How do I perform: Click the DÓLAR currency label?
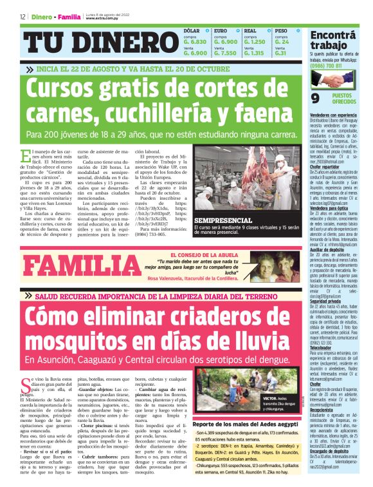pos(192,31)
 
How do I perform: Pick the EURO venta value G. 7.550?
pos(225,53)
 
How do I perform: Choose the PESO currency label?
pos(282,31)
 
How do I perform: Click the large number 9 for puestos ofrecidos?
pos(315,99)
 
